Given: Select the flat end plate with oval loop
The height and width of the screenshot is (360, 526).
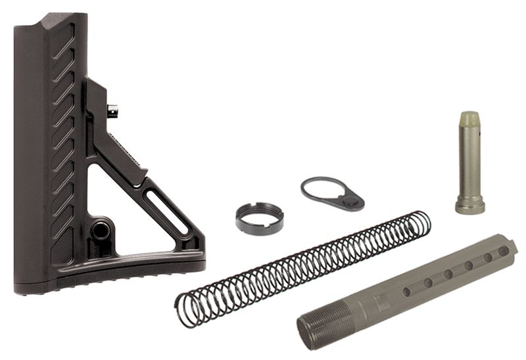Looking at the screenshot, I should tap(331, 191).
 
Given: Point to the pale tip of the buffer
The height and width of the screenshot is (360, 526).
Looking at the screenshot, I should tap(469, 119).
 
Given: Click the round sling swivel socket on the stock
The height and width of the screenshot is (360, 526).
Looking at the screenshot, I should tap(101, 231).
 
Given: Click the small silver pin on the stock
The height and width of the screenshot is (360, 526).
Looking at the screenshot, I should tap(113, 112).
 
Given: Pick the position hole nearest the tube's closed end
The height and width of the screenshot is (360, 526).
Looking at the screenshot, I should tap(503, 252).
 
